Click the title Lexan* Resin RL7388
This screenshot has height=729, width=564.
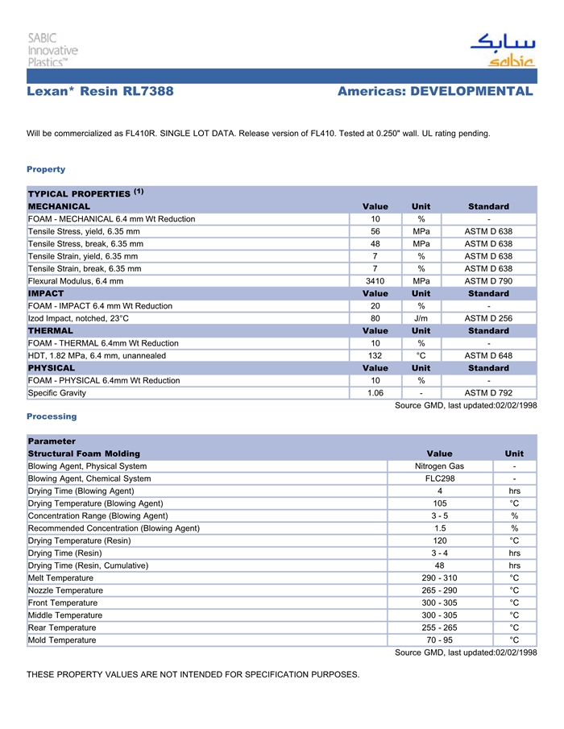100,92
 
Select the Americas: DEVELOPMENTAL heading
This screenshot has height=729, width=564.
435,92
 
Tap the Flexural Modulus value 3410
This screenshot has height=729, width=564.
375,281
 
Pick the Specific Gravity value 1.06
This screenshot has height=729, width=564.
375,393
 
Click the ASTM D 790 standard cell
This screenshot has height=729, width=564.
488,281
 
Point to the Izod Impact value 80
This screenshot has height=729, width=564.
375,318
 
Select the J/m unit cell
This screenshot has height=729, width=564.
421,318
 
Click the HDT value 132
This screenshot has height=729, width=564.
375,356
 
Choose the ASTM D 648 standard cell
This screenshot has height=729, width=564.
488,356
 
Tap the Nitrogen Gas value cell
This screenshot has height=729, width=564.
439,466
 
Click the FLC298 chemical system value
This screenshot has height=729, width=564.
439,478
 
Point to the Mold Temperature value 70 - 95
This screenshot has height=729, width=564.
439,640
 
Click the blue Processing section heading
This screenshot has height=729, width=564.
52,416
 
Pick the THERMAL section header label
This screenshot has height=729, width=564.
50,331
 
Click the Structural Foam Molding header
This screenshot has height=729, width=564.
84,454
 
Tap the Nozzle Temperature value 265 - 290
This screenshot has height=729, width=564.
439,590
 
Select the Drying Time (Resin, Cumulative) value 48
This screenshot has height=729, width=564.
439,565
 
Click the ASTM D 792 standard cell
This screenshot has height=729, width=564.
488,393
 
